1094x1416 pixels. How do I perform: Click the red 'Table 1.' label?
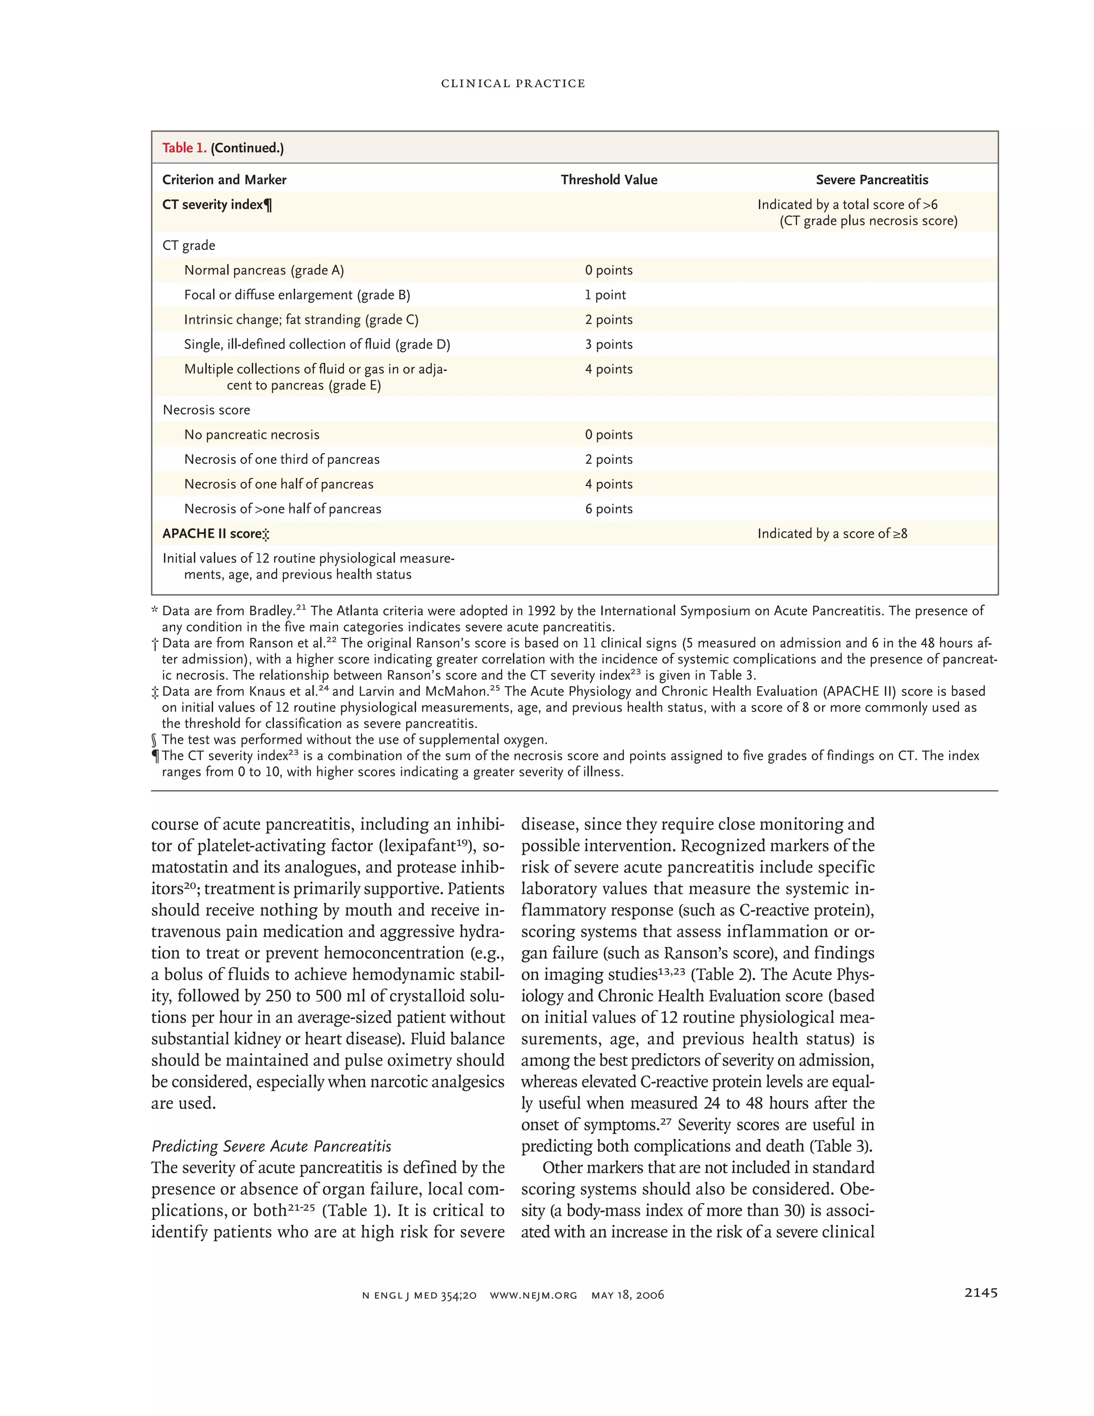click(x=184, y=148)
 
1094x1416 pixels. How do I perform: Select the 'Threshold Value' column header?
click(x=608, y=180)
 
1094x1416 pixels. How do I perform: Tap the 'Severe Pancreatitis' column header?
click(x=871, y=180)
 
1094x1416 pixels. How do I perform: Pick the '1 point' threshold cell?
click(x=605, y=295)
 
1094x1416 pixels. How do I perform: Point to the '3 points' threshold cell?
click(x=608, y=344)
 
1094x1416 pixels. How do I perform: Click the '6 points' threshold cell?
click(x=608, y=509)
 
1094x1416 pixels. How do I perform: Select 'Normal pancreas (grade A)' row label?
click(x=264, y=270)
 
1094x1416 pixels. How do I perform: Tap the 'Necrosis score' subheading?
click(x=206, y=410)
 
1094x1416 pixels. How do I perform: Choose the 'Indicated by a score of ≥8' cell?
click(x=832, y=534)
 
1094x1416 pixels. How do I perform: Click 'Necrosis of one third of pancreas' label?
click(x=282, y=460)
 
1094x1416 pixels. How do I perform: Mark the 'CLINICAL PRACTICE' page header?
click(x=513, y=84)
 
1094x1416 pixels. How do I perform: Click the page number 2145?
click(x=981, y=1292)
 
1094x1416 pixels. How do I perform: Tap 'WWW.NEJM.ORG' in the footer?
click(x=534, y=1295)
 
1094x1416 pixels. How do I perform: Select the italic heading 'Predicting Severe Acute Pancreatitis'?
click(x=271, y=1146)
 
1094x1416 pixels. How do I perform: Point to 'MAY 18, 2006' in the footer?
click(x=627, y=1295)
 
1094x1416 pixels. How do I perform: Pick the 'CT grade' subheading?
click(x=189, y=246)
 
